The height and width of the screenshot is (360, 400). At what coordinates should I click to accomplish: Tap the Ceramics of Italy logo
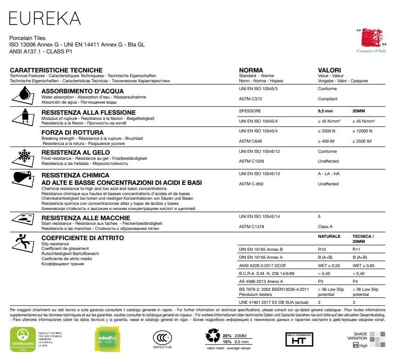(x=371, y=41)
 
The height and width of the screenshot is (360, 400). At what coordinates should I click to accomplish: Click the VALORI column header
(x=329, y=70)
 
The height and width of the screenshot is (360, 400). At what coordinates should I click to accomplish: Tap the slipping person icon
(x=23, y=244)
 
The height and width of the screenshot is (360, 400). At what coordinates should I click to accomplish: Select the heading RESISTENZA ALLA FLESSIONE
(x=89, y=112)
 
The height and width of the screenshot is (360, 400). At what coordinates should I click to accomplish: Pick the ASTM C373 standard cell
(x=249, y=99)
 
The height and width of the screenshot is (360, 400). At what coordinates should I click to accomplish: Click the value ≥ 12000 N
(x=362, y=131)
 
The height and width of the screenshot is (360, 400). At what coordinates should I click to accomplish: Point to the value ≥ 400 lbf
(x=326, y=141)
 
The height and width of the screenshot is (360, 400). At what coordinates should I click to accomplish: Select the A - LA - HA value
(x=329, y=174)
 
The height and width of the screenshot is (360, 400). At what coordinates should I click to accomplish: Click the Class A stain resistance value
(x=325, y=227)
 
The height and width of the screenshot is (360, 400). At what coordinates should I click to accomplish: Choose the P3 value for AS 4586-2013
(x=321, y=281)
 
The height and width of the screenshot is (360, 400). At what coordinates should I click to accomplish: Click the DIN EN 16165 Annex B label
(x=261, y=249)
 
